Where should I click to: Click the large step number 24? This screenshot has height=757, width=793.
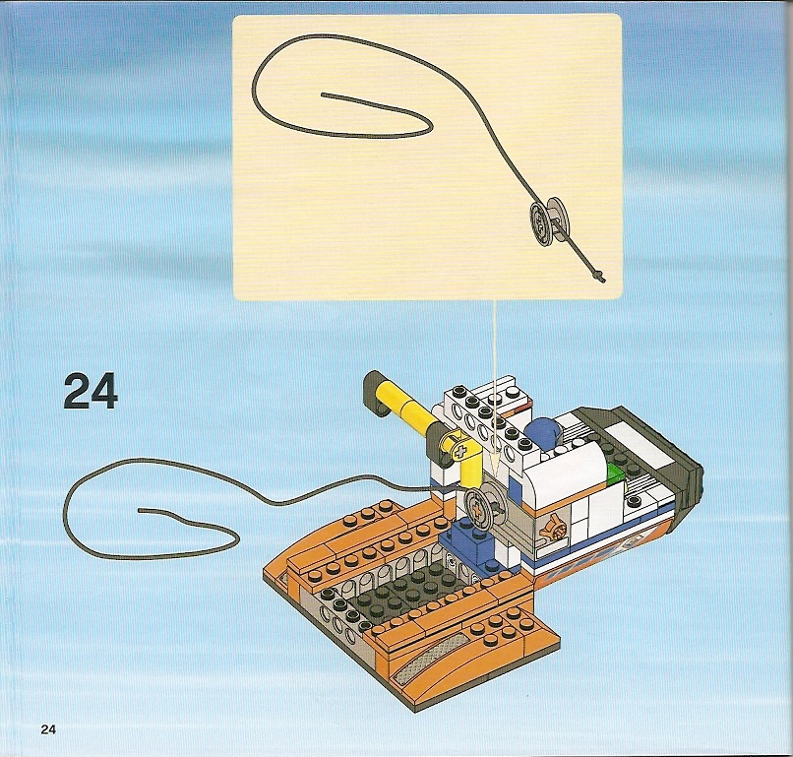91,391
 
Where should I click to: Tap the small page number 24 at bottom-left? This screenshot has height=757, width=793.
48,729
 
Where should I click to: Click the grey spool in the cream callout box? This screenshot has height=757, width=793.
549,221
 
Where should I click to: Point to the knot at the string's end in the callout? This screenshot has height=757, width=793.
600,277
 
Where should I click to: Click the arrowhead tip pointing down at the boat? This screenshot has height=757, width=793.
496,475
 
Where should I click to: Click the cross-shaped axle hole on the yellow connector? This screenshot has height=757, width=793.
459,450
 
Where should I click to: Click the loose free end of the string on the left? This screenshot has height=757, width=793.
140,510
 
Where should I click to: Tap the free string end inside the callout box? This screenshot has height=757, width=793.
323,95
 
